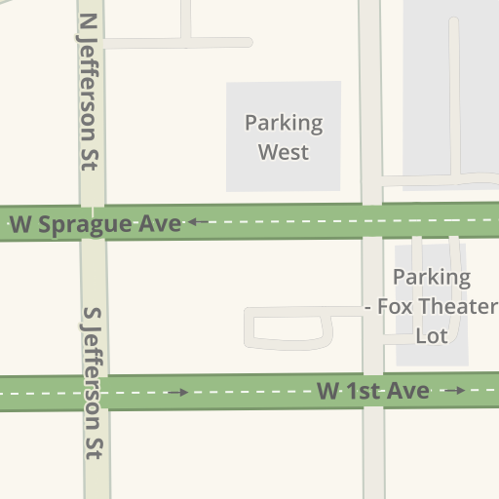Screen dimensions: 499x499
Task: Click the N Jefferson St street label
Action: pos(89,93)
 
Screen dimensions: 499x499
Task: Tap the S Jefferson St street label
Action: pos(94,384)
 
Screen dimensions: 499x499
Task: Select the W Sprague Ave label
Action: pos(96,223)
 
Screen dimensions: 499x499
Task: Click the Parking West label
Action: pos(284,137)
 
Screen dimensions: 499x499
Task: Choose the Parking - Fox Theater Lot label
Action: pos(431,306)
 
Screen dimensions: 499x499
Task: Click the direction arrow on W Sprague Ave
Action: pos(199,222)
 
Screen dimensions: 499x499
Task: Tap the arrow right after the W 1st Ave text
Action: pos(454,391)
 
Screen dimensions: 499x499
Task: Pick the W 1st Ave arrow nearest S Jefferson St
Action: pos(177,393)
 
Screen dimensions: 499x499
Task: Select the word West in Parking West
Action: pos(284,152)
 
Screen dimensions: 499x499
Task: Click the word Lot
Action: pos(431,335)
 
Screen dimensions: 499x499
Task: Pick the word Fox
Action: pos(395,307)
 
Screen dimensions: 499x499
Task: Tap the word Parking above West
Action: pos(284,124)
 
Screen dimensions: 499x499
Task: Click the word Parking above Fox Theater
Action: pos(432,278)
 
